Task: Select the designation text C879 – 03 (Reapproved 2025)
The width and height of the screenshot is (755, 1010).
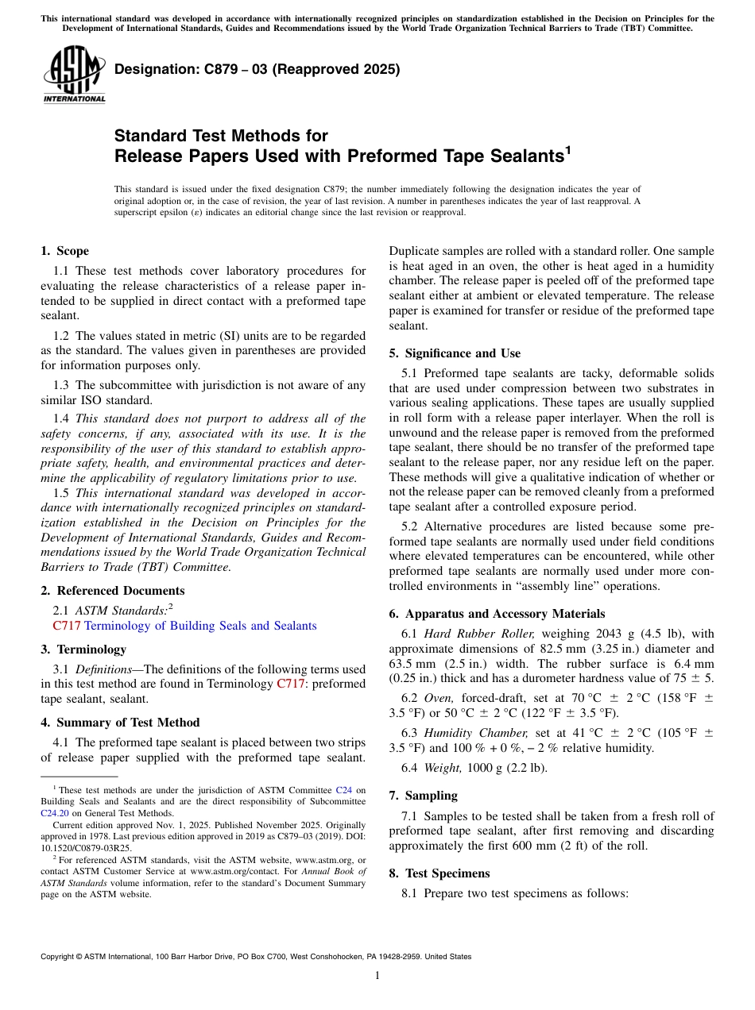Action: click(x=257, y=69)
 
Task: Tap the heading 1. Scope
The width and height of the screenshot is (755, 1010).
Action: click(x=65, y=251)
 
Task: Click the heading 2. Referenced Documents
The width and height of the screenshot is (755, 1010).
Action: click(x=113, y=591)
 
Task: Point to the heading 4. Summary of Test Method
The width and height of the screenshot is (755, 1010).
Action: click(x=120, y=723)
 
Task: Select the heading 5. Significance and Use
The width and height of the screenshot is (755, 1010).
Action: click(x=455, y=353)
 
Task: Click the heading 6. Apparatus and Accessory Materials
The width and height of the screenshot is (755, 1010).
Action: click(x=497, y=614)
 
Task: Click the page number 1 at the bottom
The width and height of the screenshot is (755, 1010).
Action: click(x=377, y=976)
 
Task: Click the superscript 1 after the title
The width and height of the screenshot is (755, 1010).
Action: click(x=567, y=149)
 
